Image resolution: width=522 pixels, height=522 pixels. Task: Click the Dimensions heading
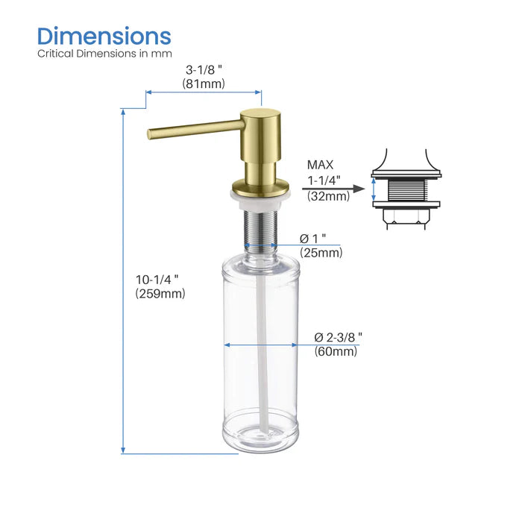104,36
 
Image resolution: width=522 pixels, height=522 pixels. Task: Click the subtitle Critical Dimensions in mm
104,54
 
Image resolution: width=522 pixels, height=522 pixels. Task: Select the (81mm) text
204,84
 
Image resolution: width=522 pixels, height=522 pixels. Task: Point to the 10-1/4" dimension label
157,280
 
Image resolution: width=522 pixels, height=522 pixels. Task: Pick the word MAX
321,165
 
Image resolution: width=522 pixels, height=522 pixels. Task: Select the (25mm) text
321,253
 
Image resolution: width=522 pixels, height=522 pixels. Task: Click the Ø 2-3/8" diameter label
338,337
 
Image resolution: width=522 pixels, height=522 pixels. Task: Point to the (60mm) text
336,351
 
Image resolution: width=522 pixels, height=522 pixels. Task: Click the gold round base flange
260,185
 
